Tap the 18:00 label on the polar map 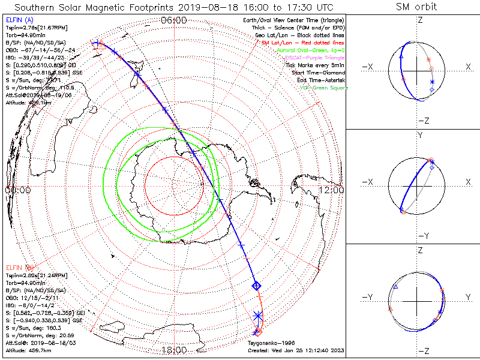175,350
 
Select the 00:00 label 17,190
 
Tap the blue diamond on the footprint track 256,284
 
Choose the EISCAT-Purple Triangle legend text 313,58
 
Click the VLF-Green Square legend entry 324,88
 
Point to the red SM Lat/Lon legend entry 302,43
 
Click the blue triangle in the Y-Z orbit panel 395,287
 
